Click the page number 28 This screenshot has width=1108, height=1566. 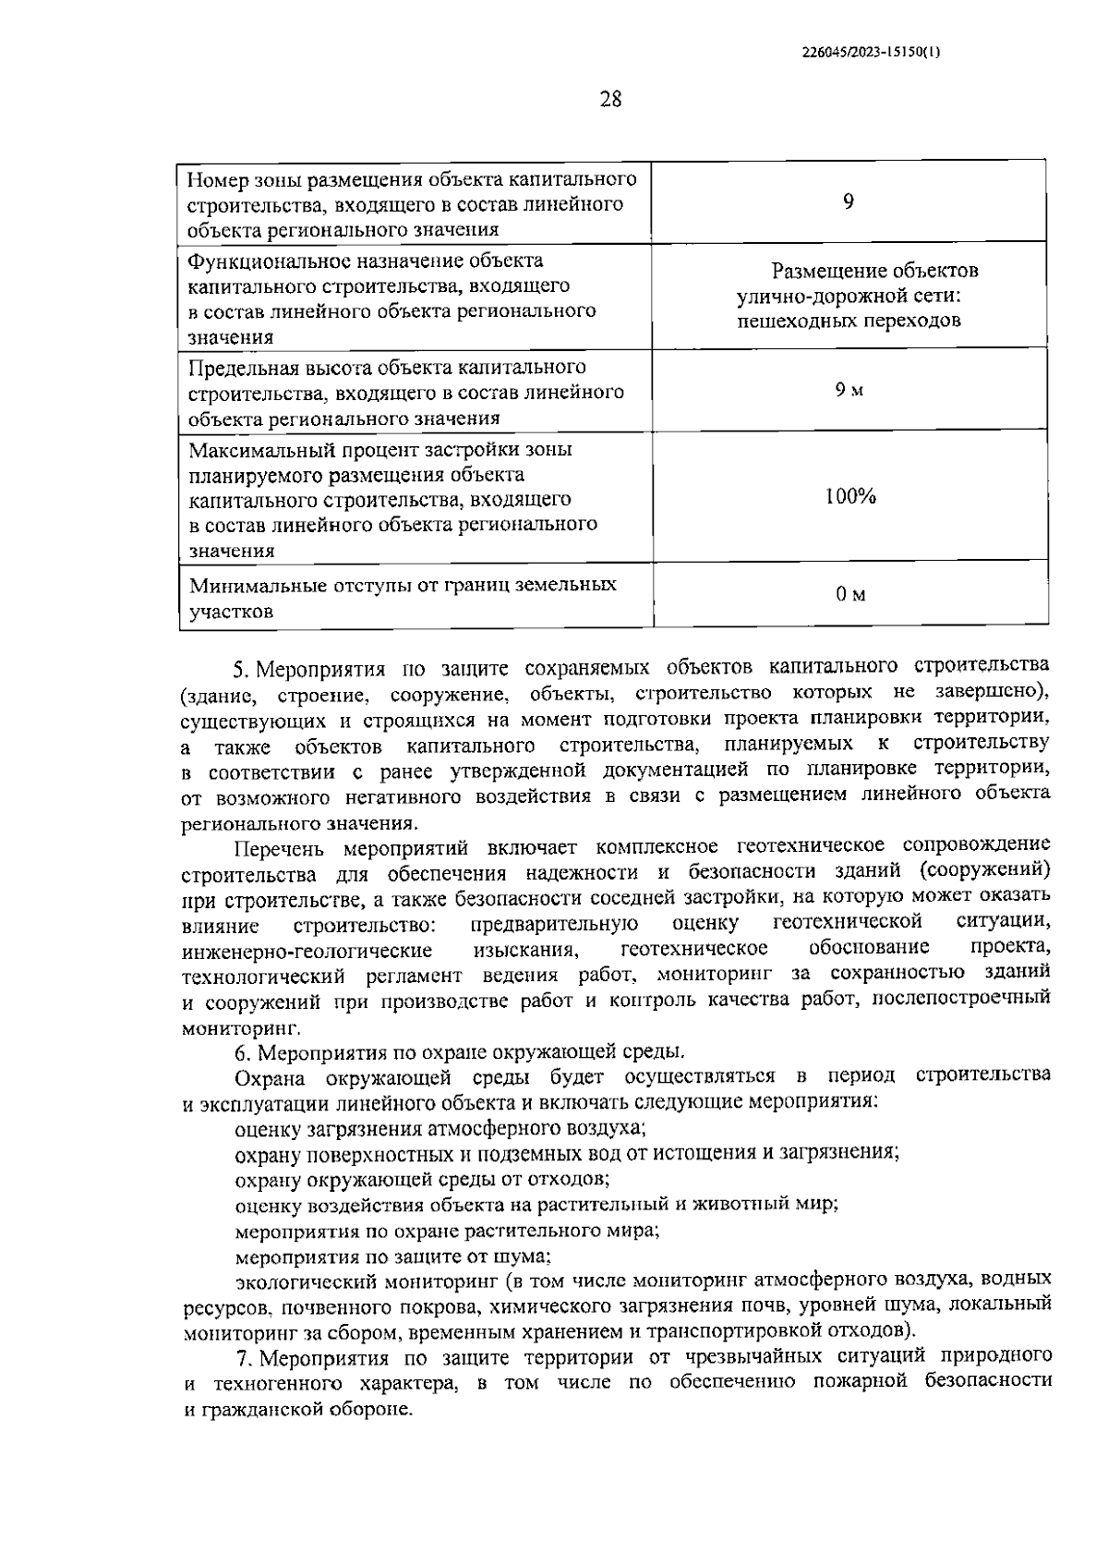610,99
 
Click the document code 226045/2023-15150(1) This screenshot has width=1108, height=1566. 872,53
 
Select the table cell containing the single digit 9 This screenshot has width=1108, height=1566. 848,202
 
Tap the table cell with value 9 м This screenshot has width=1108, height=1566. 849,390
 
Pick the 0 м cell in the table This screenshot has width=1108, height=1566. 849,594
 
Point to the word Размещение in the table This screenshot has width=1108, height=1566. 826,271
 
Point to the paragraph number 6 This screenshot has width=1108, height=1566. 242,1052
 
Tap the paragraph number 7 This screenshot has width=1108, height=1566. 242,1357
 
